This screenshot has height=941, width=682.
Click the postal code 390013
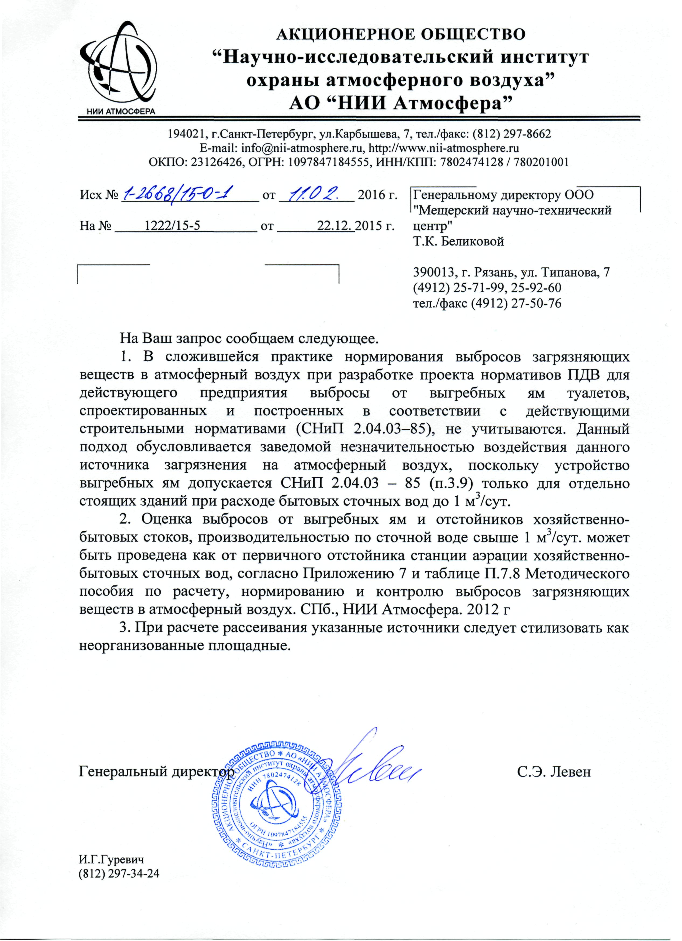tap(432, 273)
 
